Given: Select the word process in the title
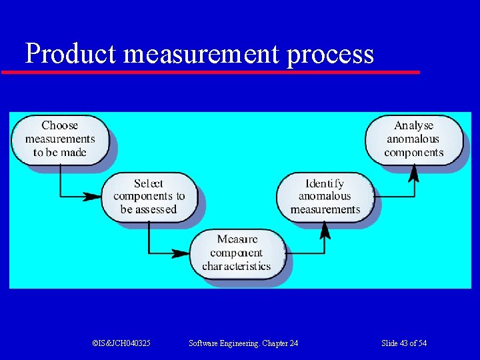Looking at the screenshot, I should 331,55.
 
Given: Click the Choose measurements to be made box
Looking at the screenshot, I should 60,139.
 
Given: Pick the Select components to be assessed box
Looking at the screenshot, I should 149,196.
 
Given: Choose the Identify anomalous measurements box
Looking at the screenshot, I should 325,196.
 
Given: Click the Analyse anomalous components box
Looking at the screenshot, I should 413,139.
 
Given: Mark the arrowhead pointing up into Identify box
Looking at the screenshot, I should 325,231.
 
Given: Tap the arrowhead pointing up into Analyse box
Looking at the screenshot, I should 413,173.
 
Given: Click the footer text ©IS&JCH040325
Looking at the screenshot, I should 121,343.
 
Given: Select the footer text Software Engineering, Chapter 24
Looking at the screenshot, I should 243,343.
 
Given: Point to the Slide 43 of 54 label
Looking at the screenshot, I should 404,343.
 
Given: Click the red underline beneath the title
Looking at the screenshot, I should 210,71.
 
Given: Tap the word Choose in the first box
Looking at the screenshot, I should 60,125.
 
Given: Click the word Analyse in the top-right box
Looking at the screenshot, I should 413,125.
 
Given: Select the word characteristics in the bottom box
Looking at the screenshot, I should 236,266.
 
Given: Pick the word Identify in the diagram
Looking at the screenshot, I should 325,183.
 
